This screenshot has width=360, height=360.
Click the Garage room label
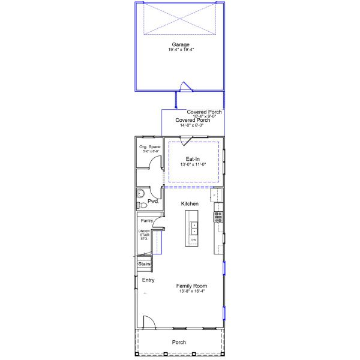tap(181, 44)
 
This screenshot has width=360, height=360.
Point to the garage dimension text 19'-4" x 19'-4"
tap(181, 50)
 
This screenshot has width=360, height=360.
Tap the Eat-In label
tap(193, 159)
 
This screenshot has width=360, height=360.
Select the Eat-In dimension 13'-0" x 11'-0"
tap(193, 164)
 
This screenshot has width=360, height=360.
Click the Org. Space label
tap(149, 147)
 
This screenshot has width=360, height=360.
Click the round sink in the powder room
tap(140, 193)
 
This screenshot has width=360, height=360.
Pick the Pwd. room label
tap(153, 202)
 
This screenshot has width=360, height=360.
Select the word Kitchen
tap(190, 204)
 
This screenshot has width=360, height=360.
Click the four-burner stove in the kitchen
tap(218, 217)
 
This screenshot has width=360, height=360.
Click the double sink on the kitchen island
tap(194, 228)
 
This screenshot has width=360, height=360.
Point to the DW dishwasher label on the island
tap(194, 240)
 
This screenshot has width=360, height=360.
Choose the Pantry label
tap(147, 221)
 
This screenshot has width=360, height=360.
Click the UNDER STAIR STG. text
tap(145, 235)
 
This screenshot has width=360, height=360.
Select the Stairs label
tap(145, 263)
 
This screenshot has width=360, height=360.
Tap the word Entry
tap(148, 280)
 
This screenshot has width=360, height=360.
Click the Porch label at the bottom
tap(179, 343)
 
